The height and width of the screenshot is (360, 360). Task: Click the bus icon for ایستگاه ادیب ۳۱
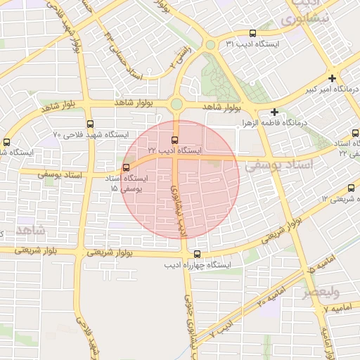tap(252, 33)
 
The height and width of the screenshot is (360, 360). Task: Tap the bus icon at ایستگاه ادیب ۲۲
tap(175, 139)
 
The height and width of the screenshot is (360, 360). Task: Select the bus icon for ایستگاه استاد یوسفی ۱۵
tap(126, 167)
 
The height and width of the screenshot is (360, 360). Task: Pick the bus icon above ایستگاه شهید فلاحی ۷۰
tap(90, 124)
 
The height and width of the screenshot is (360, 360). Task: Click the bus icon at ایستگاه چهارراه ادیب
tap(196, 254)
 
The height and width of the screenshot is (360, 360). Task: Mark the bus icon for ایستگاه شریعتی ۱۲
tap(351, 188)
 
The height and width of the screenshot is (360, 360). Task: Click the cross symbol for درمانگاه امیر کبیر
tap(332, 79)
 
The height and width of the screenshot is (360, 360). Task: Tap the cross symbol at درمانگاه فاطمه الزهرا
tap(274, 112)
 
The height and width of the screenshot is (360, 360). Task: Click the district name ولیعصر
tap(322, 290)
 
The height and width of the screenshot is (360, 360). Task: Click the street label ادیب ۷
tap(224, 328)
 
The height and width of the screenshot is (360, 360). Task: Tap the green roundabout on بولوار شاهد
tap(176, 105)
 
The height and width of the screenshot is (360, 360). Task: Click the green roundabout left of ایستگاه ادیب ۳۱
tap(210, 45)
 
